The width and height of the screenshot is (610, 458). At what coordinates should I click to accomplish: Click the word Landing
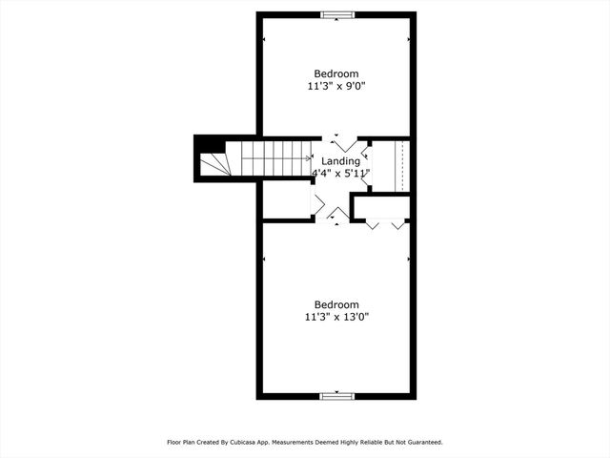[x=340, y=161]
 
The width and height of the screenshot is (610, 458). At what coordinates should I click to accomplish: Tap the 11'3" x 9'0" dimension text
[x=336, y=86]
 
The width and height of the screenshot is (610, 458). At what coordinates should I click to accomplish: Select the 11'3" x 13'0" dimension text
[x=336, y=316]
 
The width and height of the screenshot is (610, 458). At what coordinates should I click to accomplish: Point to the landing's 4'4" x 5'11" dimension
[x=340, y=174]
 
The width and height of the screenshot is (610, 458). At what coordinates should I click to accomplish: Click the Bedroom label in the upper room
[x=336, y=73]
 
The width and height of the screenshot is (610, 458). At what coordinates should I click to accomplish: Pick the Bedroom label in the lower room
[x=336, y=304]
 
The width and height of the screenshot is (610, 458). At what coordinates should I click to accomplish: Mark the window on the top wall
[x=336, y=14]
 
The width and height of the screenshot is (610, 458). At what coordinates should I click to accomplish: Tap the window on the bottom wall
[x=336, y=395]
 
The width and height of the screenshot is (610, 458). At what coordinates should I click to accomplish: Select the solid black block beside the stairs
[x=212, y=146]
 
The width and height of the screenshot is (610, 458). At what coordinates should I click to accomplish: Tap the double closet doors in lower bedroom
[x=385, y=225]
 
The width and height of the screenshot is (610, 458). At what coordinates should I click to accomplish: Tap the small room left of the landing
[x=286, y=200]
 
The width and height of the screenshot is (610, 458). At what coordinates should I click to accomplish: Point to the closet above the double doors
[x=381, y=207]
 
